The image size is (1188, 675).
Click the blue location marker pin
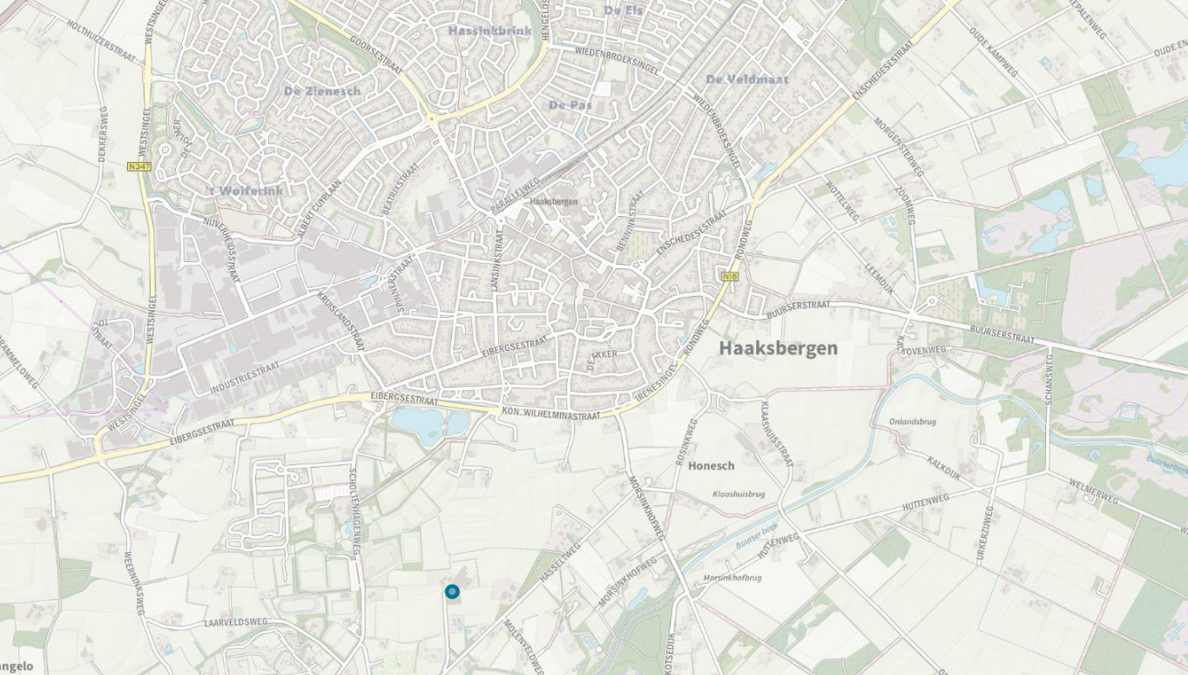[451, 592]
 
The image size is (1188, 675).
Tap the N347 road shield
[138, 165]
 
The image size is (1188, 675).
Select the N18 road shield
[730, 276]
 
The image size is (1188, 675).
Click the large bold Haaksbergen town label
[778, 348]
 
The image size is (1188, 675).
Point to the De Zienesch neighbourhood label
[321, 91]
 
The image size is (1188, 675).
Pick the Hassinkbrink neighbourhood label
[489, 30]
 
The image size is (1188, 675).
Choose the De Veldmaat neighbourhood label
[746, 79]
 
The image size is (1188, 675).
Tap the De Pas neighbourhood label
[570, 105]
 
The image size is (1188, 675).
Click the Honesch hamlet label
[711, 466]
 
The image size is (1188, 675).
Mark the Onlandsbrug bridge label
[912, 422]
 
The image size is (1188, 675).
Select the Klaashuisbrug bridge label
[739, 494]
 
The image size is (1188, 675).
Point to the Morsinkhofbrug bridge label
[732, 577]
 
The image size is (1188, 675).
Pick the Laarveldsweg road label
[235, 623]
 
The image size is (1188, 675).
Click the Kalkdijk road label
[943, 468]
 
